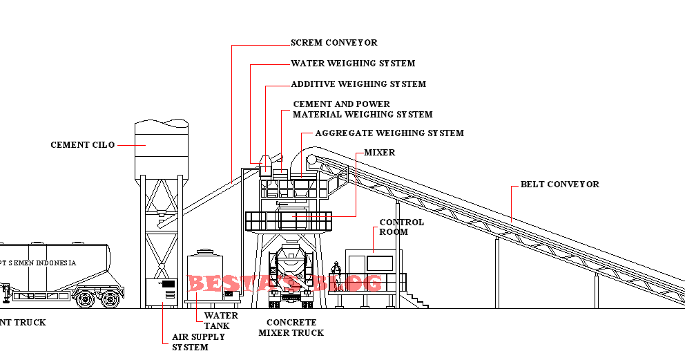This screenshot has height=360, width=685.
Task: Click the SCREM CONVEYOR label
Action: tap(334, 43)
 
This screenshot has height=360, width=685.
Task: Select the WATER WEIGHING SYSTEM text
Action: tap(353, 64)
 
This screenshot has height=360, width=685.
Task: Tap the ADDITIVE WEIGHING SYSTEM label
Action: tap(358, 84)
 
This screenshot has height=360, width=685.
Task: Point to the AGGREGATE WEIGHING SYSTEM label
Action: tap(389, 133)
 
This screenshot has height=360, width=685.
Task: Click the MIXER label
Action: tap(379, 152)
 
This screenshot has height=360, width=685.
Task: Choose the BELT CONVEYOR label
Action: tap(559, 184)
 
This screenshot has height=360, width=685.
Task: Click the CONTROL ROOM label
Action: tap(401, 227)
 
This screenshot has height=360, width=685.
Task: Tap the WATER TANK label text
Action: tap(221, 321)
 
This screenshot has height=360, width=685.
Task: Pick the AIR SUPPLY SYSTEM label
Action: tap(198, 342)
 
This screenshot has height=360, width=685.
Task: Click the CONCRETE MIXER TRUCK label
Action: tap(291, 328)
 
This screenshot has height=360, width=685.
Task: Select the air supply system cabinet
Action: tap(162, 291)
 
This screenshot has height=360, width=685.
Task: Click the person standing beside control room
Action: tap(336, 275)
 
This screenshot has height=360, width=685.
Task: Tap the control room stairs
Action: tap(416, 299)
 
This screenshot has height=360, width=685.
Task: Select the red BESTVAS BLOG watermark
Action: tap(284, 283)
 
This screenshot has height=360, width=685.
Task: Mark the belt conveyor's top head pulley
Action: tap(312, 160)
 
